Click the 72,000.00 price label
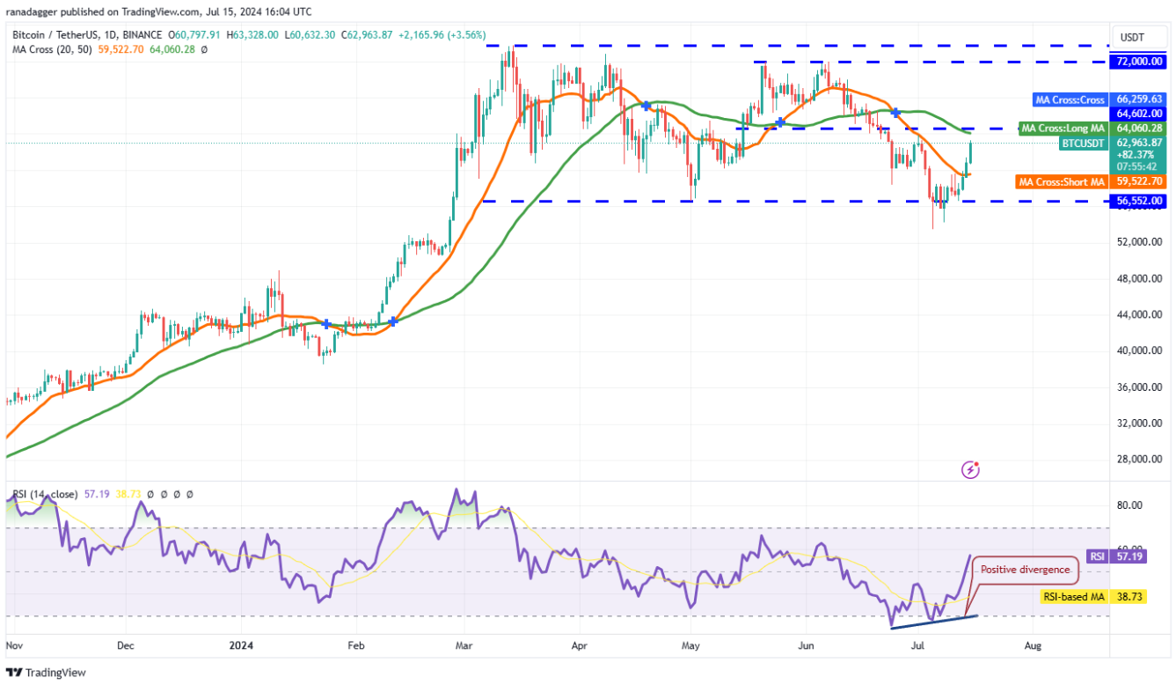point(1141,62)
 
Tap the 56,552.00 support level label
point(1141,201)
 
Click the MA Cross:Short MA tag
point(1062,182)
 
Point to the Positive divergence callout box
point(1025,570)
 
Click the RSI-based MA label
point(1074,597)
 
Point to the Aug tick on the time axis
point(1034,645)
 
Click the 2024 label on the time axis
point(241,645)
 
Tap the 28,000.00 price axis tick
point(1141,459)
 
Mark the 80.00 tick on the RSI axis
point(1130,505)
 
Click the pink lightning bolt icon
point(971,469)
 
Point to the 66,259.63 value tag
point(1141,99)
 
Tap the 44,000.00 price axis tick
point(1141,314)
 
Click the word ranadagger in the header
point(39,12)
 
